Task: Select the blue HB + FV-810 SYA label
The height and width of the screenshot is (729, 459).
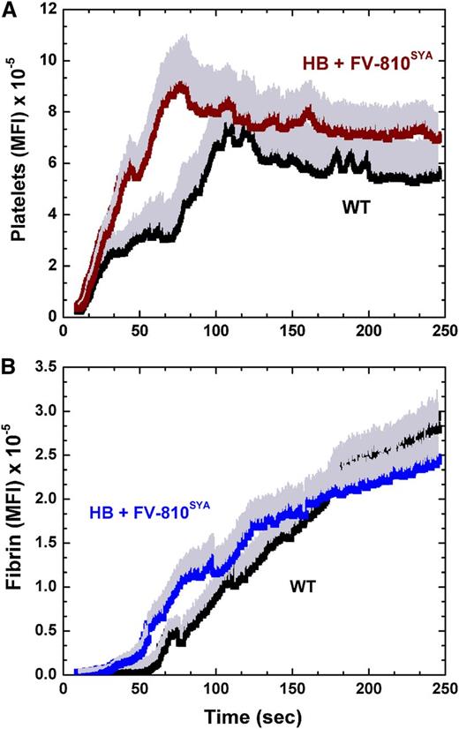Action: [x=149, y=511]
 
